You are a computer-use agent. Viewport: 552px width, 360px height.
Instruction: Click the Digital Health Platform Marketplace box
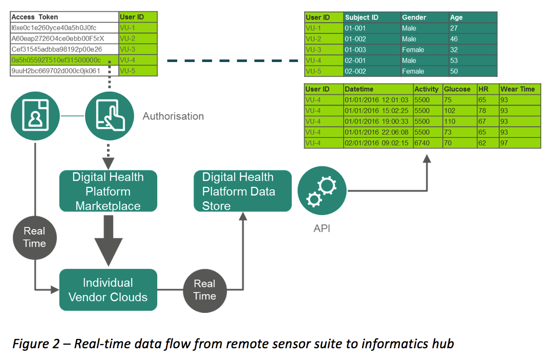click(108, 192)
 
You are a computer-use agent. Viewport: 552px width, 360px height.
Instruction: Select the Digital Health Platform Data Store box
click(242, 192)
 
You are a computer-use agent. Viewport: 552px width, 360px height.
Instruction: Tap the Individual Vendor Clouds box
click(108, 290)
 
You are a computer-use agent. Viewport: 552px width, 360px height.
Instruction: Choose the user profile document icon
click(34, 116)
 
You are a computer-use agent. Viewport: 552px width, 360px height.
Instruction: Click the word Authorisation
click(173, 116)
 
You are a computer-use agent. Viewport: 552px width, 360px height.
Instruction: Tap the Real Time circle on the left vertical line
click(34, 237)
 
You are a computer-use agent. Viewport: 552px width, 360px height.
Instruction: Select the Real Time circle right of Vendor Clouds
click(205, 290)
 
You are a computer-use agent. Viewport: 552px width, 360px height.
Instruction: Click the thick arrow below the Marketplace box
click(108, 241)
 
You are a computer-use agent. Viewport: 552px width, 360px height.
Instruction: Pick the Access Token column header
click(35, 17)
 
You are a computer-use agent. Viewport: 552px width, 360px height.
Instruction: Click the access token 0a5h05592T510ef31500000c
click(56, 60)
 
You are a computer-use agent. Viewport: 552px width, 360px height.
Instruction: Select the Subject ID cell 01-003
click(356, 50)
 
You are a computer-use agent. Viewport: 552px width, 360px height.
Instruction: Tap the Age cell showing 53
click(454, 60)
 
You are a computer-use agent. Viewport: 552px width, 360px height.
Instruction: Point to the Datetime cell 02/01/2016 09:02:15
click(377, 143)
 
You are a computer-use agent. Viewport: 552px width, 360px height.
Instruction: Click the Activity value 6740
click(424, 143)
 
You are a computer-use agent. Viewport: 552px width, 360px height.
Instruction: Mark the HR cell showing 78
click(483, 111)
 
